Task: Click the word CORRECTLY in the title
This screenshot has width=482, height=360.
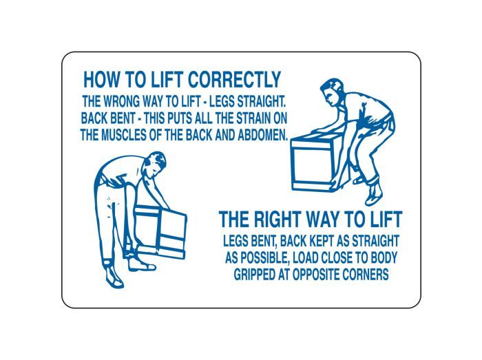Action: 234,80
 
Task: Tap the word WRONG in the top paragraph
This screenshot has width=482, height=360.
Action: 121,101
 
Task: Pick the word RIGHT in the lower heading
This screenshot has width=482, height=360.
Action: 277,219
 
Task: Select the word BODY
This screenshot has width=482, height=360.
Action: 384,257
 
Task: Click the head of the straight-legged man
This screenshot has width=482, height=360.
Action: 155,164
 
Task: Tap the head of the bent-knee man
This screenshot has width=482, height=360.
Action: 332,92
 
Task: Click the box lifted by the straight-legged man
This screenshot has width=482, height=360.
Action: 160,231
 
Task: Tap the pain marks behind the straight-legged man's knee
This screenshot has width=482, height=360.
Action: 109,207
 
